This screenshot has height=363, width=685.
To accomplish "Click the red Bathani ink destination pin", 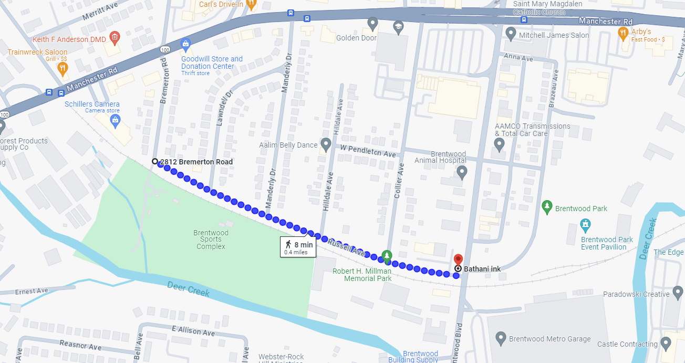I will point(458,260).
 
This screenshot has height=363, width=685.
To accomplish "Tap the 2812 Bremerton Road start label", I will point(196,162).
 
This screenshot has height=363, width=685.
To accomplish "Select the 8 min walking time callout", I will point(298,247).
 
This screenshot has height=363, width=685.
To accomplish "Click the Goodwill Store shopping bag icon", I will point(185,45).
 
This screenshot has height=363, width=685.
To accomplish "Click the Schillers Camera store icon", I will point(115,121).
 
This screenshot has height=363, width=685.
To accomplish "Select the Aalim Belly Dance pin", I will point(326,144).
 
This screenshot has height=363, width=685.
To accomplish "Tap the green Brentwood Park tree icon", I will point(547,207).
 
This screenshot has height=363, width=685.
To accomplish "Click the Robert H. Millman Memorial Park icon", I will point(387,256).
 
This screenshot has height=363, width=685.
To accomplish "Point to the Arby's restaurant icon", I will point(623,34).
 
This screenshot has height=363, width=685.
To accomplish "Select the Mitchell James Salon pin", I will point(510,34).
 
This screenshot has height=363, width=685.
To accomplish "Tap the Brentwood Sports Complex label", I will point(211,240).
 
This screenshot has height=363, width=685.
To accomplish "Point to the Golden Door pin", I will point(372,24).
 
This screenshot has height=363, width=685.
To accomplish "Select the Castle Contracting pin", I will point(666,344).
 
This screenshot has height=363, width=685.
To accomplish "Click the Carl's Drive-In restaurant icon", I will point(251,4).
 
